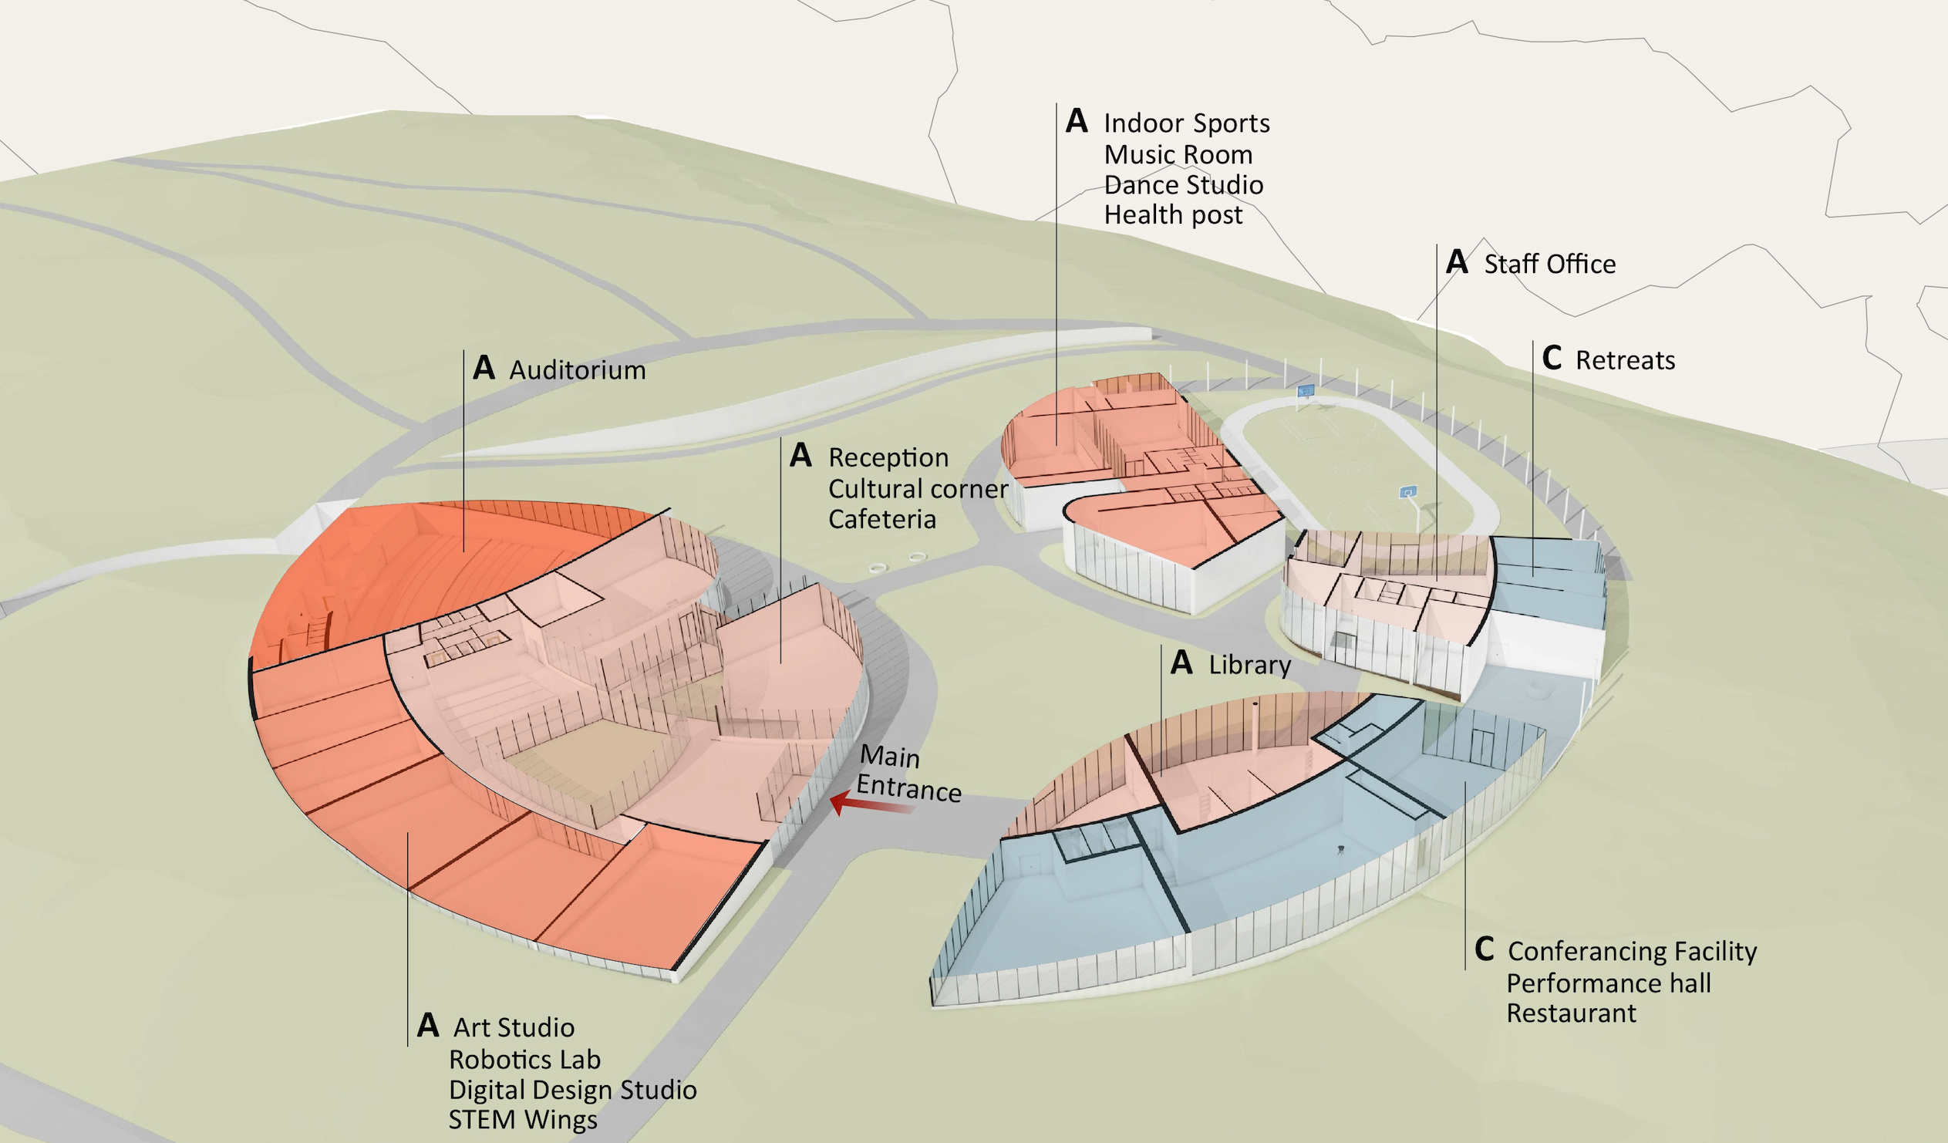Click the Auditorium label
click(577, 370)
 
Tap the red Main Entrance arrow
click(869, 804)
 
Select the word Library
click(1249, 665)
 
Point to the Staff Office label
click(1549, 265)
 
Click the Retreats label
click(1625, 360)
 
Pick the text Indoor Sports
click(1186, 123)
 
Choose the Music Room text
click(1178, 155)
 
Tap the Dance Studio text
click(1183, 185)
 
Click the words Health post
click(1173, 215)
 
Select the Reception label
click(888, 458)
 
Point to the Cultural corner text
click(918, 489)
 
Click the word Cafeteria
click(882, 519)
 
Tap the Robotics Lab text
click(524, 1060)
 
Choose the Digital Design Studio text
click(572, 1090)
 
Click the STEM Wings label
click(523, 1120)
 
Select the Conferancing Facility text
click(1632, 951)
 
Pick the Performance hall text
click(1608, 983)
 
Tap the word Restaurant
click(1571, 1013)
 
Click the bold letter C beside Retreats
click(1552, 358)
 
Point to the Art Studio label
click(514, 1028)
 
